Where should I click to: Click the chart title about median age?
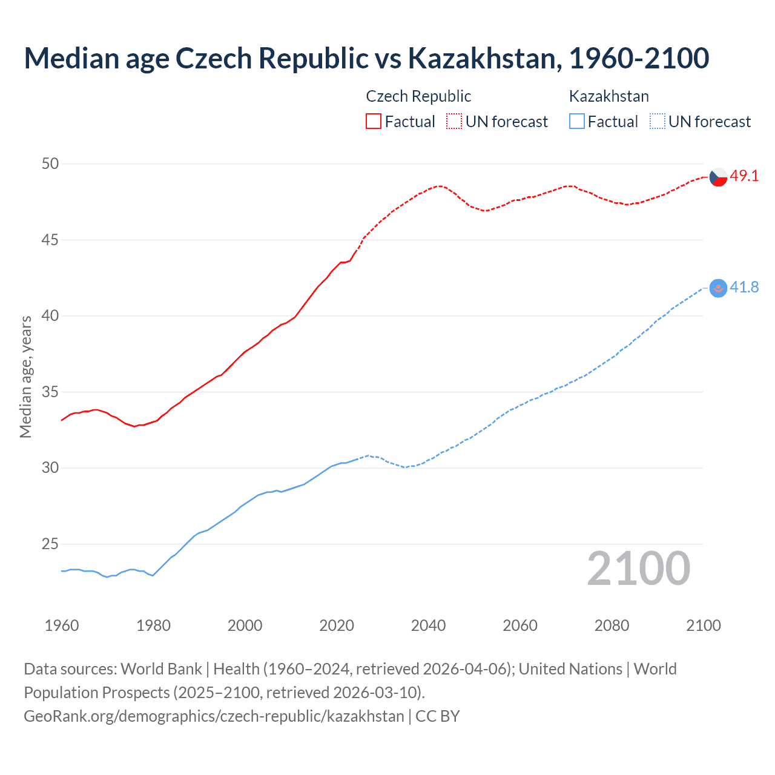pyautogui.click(x=366, y=59)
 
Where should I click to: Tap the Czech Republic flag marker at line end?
pyautogui.click(x=718, y=177)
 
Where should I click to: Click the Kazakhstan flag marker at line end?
pyautogui.click(x=718, y=288)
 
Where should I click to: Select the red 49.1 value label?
pyautogui.click(x=744, y=176)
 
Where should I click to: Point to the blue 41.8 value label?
pyautogui.click(x=744, y=287)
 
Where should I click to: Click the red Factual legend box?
pyautogui.click(x=374, y=122)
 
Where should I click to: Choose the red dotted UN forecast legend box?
pyautogui.click(x=454, y=122)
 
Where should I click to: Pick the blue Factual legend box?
pyautogui.click(x=577, y=122)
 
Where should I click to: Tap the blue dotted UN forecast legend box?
pyautogui.click(x=658, y=122)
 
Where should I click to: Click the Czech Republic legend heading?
pyautogui.click(x=418, y=96)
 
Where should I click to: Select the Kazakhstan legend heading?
pyautogui.click(x=608, y=96)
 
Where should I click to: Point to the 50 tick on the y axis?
pyautogui.click(x=51, y=164)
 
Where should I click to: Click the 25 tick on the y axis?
pyautogui.click(x=51, y=544)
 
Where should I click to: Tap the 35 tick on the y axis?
pyautogui.click(x=51, y=392)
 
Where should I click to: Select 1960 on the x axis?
pyautogui.click(x=62, y=625)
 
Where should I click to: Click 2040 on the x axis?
pyautogui.click(x=428, y=625)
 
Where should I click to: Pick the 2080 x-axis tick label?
pyautogui.click(x=612, y=625)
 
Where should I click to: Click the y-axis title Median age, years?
pyautogui.click(x=25, y=377)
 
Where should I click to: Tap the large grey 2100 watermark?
pyautogui.click(x=638, y=569)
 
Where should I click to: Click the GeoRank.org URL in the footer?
pyautogui.click(x=214, y=716)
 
